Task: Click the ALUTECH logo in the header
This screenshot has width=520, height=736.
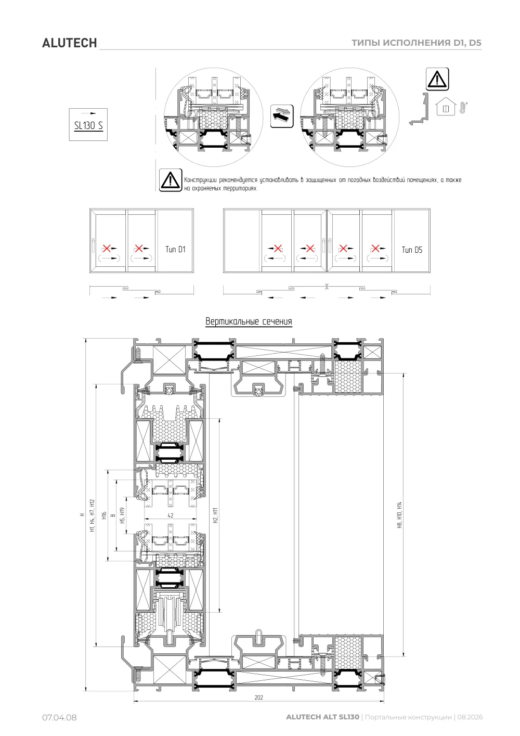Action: click(69, 43)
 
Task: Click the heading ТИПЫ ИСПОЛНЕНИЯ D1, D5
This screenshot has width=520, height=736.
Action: click(416, 43)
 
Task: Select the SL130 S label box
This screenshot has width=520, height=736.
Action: click(88, 124)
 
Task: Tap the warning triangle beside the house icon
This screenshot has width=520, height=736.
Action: click(437, 79)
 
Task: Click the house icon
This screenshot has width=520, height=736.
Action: click(446, 106)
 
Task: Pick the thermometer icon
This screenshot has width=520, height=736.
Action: click(463, 108)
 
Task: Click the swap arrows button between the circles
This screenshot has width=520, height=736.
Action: click(281, 116)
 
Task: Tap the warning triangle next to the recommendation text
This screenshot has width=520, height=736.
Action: click(170, 180)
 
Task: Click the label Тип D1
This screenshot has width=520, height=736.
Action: click(175, 249)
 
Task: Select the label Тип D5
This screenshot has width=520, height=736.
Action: click(412, 250)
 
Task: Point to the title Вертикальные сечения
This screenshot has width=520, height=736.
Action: click(249, 321)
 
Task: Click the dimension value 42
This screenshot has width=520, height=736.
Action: click(170, 515)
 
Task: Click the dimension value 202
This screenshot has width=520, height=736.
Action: click(259, 697)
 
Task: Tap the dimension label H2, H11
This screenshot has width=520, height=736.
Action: click(215, 515)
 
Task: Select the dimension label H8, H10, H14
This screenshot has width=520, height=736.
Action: click(399, 515)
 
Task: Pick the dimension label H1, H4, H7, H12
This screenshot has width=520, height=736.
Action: click(92, 515)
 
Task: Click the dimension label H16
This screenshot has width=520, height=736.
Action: click(104, 515)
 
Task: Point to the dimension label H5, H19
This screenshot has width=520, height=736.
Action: click(123, 515)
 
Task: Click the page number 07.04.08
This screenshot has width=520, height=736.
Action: click(59, 717)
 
